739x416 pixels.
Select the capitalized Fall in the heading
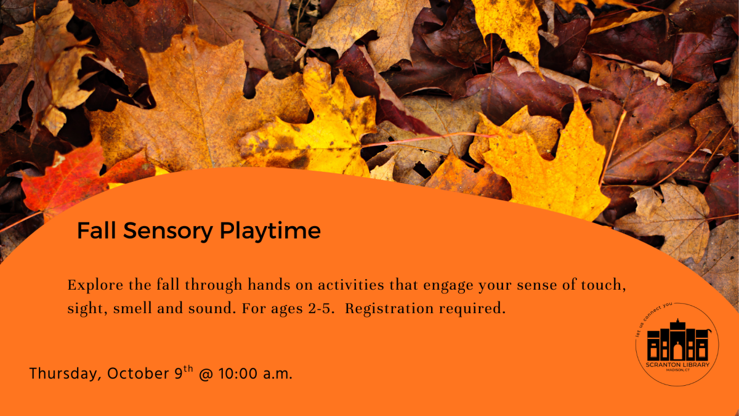(96, 231)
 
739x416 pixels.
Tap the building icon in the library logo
(677, 343)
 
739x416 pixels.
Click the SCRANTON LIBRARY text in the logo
(677, 365)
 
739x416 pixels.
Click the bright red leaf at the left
(68, 179)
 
